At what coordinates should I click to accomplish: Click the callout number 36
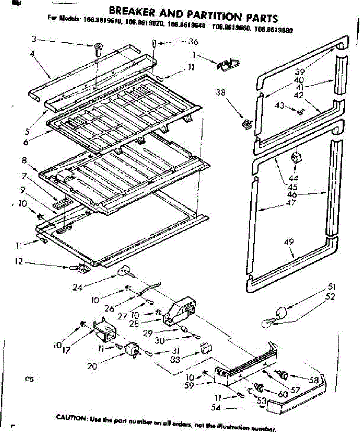(194, 42)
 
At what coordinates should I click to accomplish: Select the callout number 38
(221, 93)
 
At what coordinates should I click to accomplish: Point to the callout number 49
(289, 242)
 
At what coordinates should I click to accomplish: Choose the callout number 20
(92, 366)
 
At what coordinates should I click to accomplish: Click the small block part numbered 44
(295, 157)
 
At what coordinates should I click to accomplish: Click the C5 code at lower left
(29, 379)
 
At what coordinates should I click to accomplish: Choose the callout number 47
(290, 203)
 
